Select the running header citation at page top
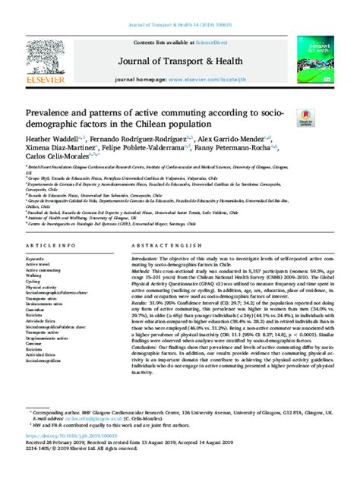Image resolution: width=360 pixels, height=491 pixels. (180, 5)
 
